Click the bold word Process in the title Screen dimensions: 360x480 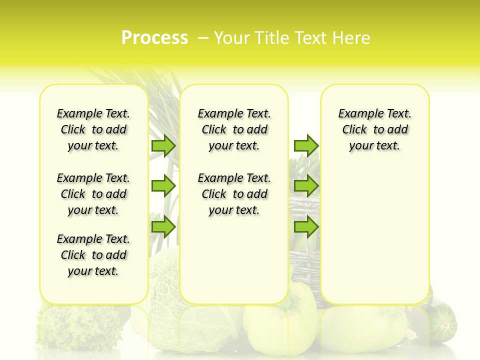(x=154, y=38)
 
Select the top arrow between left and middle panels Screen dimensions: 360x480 (x=163, y=145)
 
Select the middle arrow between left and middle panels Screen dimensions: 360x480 (x=163, y=186)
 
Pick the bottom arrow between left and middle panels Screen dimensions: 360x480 (x=163, y=227)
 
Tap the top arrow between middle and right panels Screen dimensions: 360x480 (x=306, y=145)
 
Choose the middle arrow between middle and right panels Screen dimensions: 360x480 (x=306, y=186)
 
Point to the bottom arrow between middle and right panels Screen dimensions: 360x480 (x=306, y=227)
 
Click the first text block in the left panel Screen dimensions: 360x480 (x=93, y=129)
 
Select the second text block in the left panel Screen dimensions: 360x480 (x=93, y=194)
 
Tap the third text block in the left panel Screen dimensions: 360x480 (x=93, y=255)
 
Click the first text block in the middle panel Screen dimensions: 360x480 (x=234, y=129)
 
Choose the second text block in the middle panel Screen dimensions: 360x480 (x=234, y=194)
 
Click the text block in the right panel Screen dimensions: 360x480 (x=375, y=129)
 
